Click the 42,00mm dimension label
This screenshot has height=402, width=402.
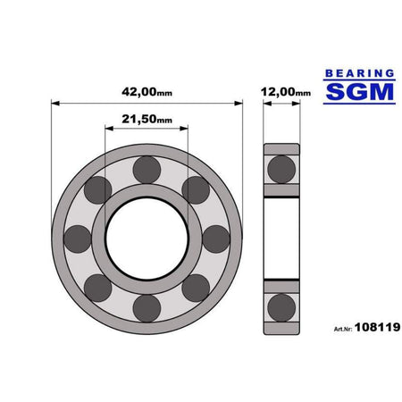(x=147, y=92)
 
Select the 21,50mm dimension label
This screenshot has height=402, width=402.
(x=147, y=119)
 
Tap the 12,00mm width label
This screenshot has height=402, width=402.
(x=286, y=92)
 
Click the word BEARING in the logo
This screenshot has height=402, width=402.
(x=360, y=73)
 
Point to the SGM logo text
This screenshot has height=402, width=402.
(x=360, y=92)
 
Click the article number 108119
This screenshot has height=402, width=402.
(x=377, y=327)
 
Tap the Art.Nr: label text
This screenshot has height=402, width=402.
(x=343, y=329)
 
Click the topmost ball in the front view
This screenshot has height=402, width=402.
(x=147, y=170)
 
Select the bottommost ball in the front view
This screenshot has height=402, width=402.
(x=147, y=308)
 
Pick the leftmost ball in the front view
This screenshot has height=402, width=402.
(x=78, y=239)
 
